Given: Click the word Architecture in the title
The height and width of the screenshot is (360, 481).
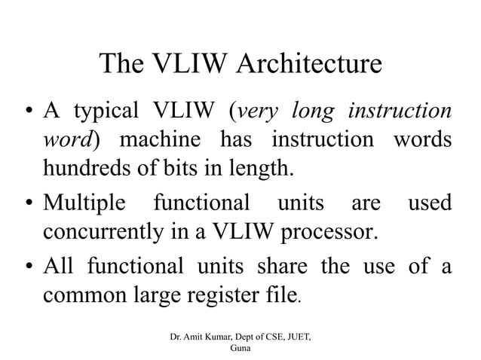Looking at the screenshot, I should [x=310, y=63].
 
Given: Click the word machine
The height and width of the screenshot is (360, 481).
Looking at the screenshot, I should [x=158, y=140].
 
